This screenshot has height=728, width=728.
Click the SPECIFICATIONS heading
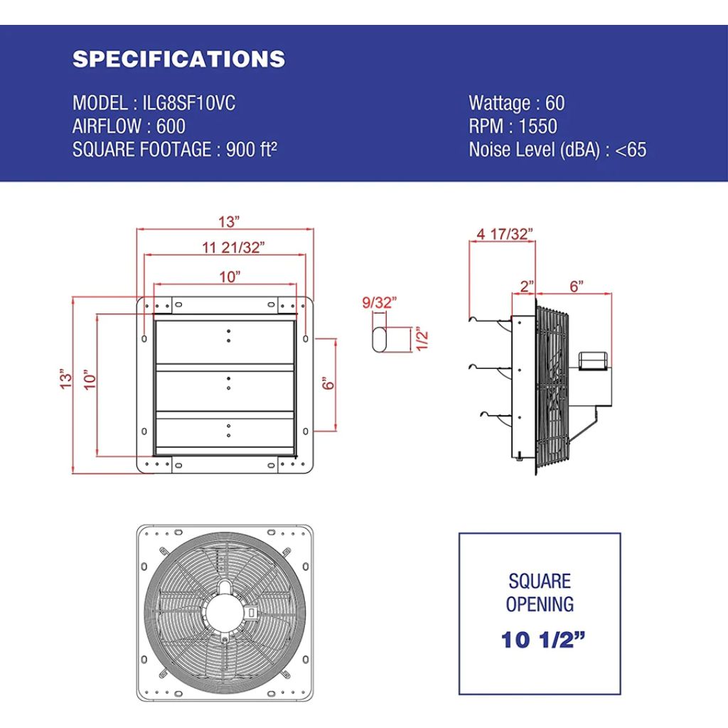[x=178, y=59]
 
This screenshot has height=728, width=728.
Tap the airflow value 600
[x=171, y=127]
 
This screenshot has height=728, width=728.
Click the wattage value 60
[x=555, y=103]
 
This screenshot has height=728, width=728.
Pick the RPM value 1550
[x=537, y=127]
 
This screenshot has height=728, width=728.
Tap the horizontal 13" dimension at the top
[x=229, y=222]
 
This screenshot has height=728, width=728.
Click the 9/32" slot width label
[x=379, y=302]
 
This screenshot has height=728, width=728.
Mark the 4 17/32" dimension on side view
[x=504, y=233]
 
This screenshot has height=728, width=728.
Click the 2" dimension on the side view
[x=527, y=286]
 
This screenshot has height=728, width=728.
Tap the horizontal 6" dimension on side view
[x=577, y=286]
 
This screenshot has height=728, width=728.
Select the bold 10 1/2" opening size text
[x=538, y=640]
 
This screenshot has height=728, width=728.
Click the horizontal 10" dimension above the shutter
[x=230, y=277]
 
